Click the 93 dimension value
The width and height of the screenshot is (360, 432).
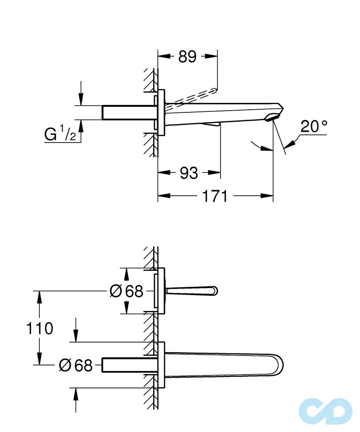(x=189, y=173)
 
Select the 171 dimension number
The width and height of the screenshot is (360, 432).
(x=215, y=196)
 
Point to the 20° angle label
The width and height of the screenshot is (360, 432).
(x=313, y=127)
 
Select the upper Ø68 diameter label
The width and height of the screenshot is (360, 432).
(x=126, y=292)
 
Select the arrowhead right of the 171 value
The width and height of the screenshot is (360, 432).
(x=267, y=196)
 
